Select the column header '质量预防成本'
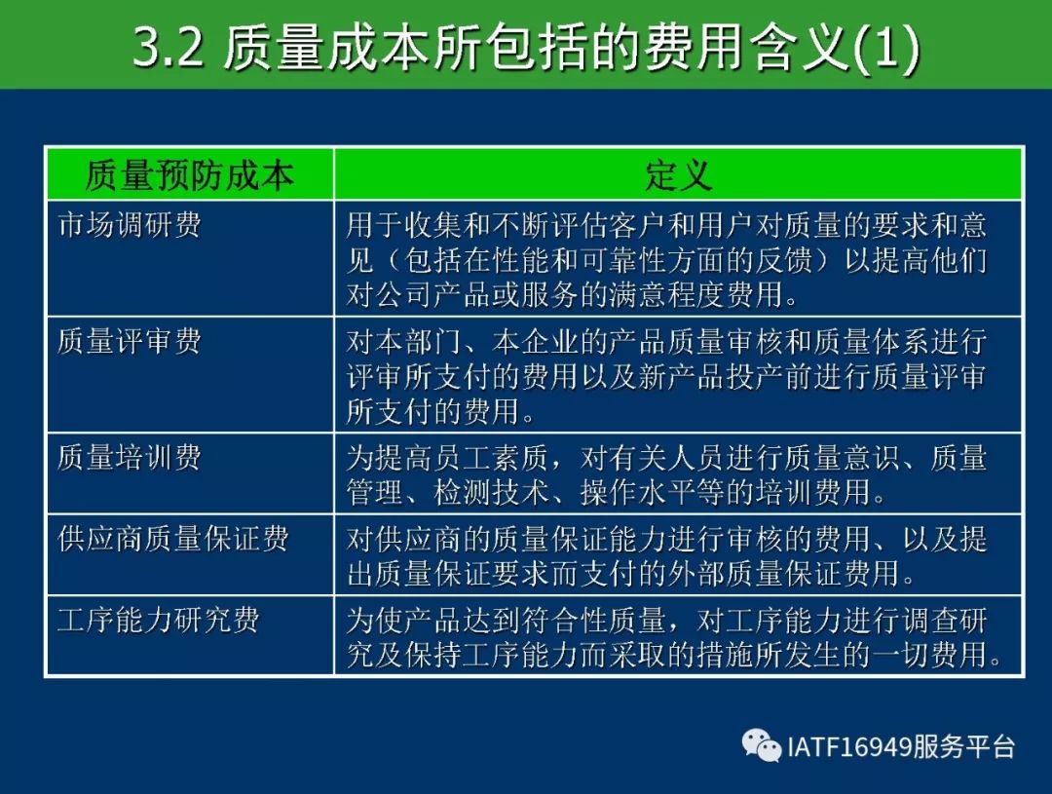[x=190, y=175]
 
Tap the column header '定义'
[x=678, y=175]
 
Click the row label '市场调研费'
[x=129, y=225]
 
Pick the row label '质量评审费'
[x=129, y=342]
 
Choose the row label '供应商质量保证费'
[x=173, y=539]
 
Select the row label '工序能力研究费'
[x=159, y=621]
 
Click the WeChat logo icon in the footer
[x=762, y=745]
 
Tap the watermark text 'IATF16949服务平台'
[x=901, y=746]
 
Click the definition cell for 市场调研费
[x=678, y=258]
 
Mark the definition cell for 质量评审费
[x=678, y=375]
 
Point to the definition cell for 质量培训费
[x=678, y=473]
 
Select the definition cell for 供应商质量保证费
[x=678, y=555]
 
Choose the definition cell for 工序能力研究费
[x=678, y=636]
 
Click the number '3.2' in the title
[x=168, y=49]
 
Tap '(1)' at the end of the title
[x=887, y=50]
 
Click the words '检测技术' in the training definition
[x=492, y=492]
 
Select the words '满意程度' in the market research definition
[x=667, y=295]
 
